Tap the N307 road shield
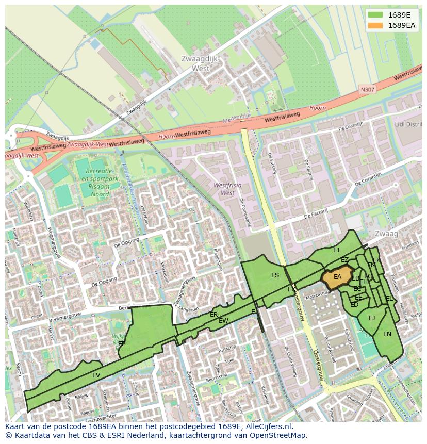(x=368, y=89)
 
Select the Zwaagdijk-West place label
(x=200, y=63)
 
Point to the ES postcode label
(x=275, y=275)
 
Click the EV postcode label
(x=96, y=375)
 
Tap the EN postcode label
(x=387, y=334)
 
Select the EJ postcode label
(x=372, y=318)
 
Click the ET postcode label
(x=337, y=250)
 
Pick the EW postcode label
(x=223, y=321)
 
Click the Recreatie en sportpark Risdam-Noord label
(x=99, y=183)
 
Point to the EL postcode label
(x=389, y=299)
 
